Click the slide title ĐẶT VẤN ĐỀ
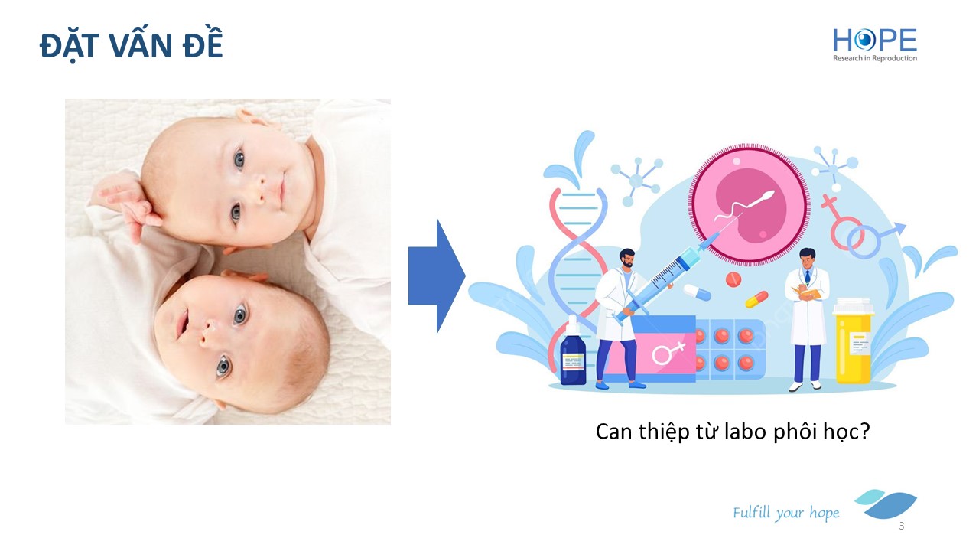tap(131, 44)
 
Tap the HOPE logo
tap(874, 44)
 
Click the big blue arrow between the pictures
tap(437, 276)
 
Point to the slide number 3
tap(901, 526)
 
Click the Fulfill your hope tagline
tap(785, 513)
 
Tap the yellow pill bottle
tap(853, 341)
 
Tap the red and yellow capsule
tap(756, 299)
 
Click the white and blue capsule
tap(697, 292)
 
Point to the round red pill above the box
tap(733, 279)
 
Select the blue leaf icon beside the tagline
tap(886, 504)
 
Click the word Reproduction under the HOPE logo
tap(893, 58)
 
